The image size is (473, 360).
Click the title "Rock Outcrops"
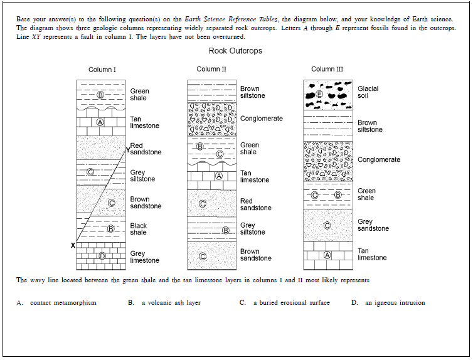click(235, 51)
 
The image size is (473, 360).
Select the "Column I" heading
click(102, 70)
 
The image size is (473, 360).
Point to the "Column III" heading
click(327, 69)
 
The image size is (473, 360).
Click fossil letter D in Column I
click(102, 256)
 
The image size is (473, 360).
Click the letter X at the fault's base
click(73, 245)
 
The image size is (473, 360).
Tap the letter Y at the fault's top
click(127, 151)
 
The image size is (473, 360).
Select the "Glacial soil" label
click(368, 92)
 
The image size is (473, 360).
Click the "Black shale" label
click(139, 229)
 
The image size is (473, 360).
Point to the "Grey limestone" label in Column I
click(145, 257)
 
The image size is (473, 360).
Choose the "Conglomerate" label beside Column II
click(262, 119)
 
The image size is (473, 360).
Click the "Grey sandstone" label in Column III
click(373, 225)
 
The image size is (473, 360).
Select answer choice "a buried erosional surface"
click(291, 303)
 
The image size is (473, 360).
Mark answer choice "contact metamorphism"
click(63, 303)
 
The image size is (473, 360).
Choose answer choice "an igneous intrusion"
click(395, 303)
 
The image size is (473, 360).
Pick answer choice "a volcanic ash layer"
click(171, 303)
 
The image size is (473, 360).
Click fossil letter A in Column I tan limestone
click(100, 122)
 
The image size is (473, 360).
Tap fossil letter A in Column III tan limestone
click(327, 255)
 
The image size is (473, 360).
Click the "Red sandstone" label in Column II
click(256, 204)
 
